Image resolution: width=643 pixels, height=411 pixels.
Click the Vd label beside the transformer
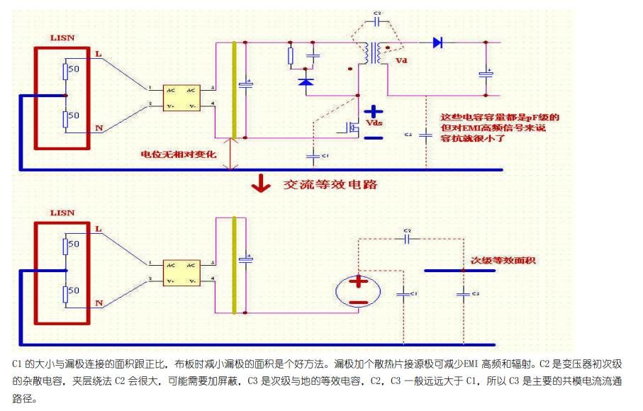click(402, 61)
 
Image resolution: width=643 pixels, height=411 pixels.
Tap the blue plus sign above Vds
click(374, 111)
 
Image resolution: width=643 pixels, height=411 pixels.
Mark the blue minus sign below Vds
click(374, 137)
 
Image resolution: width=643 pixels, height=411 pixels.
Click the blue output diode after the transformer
click(437, 43)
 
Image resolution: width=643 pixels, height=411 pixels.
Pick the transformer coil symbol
click(371, 53)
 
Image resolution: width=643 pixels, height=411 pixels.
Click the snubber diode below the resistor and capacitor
click(306, 82)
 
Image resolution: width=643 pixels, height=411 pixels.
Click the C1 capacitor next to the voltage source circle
click(404, 293)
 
